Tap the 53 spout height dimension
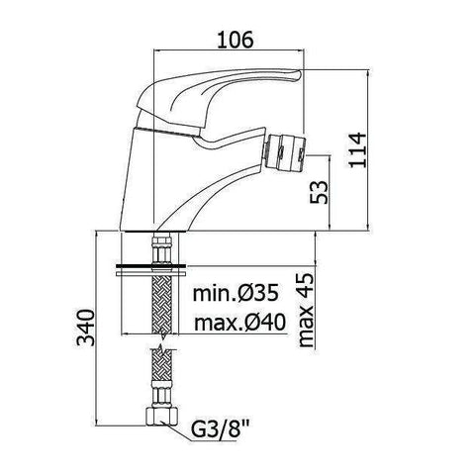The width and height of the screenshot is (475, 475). pos(319,191)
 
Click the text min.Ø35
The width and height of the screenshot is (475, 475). pos(235,293)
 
